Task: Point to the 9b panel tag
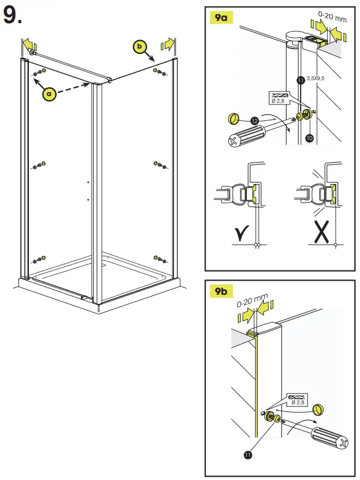pyautogui.click(x=221, y=291)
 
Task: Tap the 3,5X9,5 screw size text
pyautogui.click(x=316, y=78)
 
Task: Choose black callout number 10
pyautogui.click(x=310, y=137)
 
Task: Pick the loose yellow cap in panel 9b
pyautogui.click(x=320, y=408)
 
